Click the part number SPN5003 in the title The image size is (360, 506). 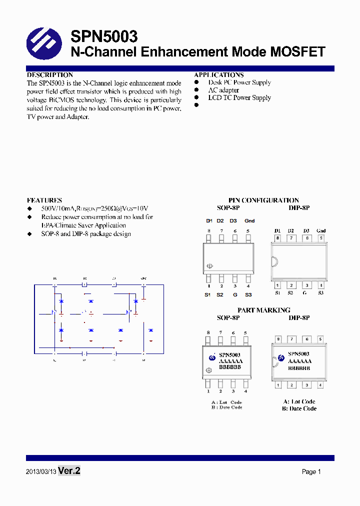(x=104, y=36)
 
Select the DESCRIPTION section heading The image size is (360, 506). (x=49, y=75)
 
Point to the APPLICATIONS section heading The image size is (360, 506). (x=219, y=75)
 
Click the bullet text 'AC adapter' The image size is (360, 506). (x=223, y=90)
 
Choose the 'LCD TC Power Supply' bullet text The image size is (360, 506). (x=239, y=98)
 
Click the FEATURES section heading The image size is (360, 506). (x=44, y=200)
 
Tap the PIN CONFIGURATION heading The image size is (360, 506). (x=263, y=200)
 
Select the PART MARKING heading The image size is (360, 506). (x=263, y=310)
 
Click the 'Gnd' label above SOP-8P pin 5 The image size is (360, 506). (x=249, y=220)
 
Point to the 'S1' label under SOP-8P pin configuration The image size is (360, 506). (x=207, y=295)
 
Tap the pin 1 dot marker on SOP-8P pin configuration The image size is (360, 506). (x=210, y=266)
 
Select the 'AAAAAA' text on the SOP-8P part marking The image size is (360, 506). (x=230, y=361)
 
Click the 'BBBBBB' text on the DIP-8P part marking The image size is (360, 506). (x=299, y=367)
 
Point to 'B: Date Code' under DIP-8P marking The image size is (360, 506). (x=299, y=408)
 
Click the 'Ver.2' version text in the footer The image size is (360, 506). (x=69, y=471)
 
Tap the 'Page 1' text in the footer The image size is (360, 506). (x=311, y=471)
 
